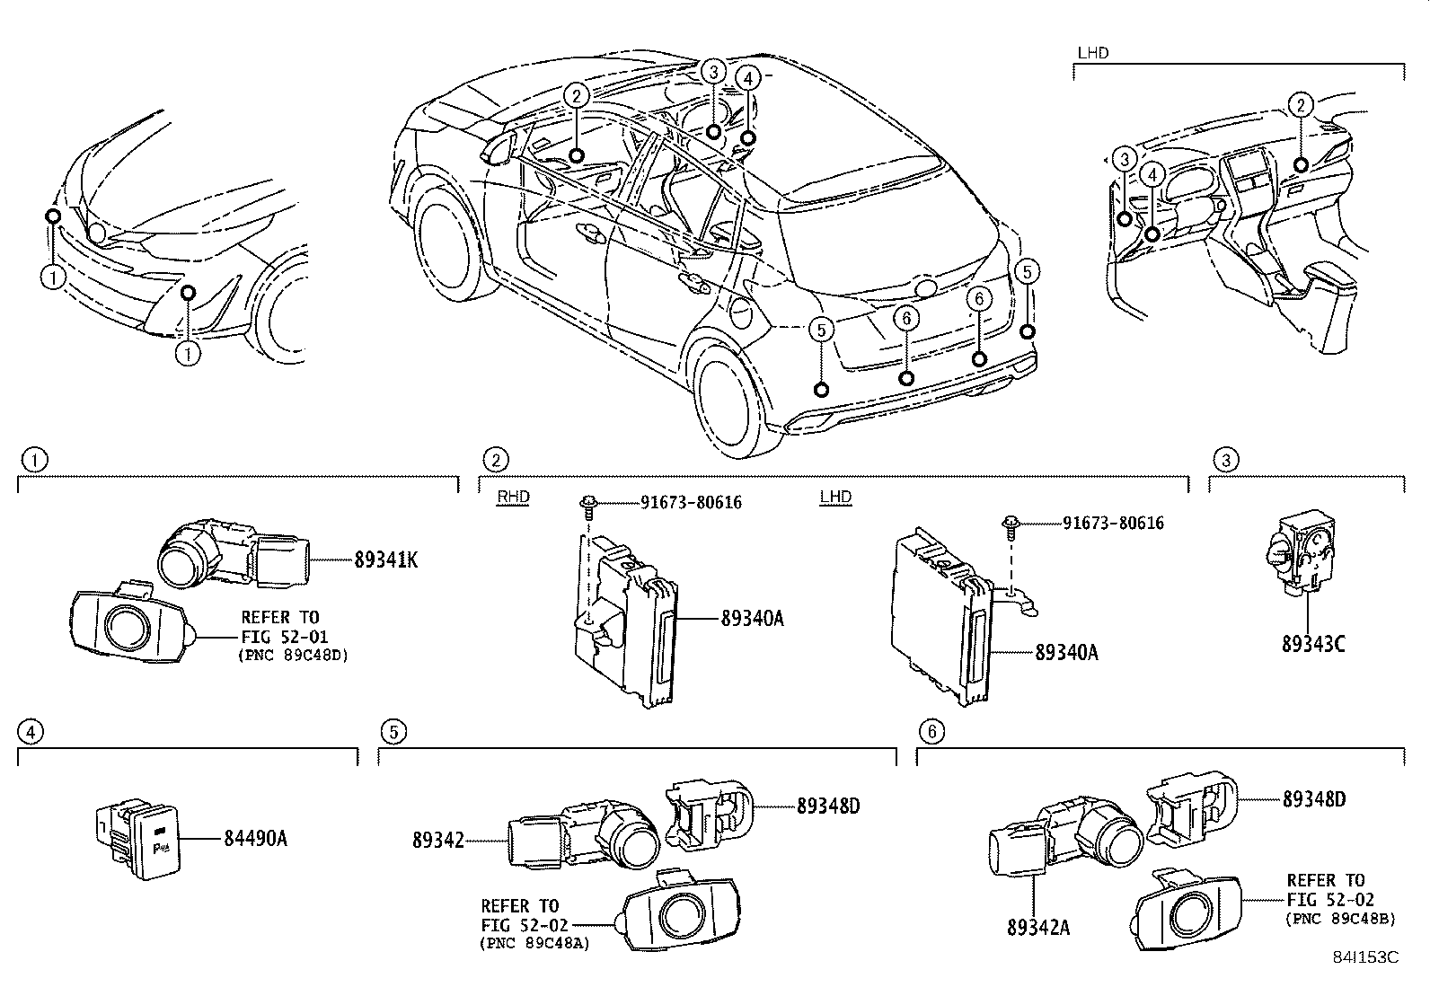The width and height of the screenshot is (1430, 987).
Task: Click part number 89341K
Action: tap(385, 560)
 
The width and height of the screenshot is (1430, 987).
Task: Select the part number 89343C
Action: tap(1312, 644)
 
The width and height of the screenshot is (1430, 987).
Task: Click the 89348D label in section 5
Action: tap(827, 806)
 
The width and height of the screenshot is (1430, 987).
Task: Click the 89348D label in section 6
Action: tap(1313, 798)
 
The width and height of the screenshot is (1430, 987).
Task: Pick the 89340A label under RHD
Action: tap(752, 619)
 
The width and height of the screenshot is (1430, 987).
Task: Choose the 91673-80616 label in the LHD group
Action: tap(1113, 523)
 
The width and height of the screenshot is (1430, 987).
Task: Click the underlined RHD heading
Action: tap(513, 497)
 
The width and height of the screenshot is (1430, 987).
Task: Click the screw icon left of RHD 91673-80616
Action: tap(588, 504)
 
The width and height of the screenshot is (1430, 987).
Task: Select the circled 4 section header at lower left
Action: tap(31, 732)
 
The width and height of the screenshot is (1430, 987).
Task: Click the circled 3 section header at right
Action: tap(1225, 461)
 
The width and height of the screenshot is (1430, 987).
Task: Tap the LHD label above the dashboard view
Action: tap(1092, 53)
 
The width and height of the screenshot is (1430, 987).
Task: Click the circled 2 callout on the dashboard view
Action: tap(1300, 105)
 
